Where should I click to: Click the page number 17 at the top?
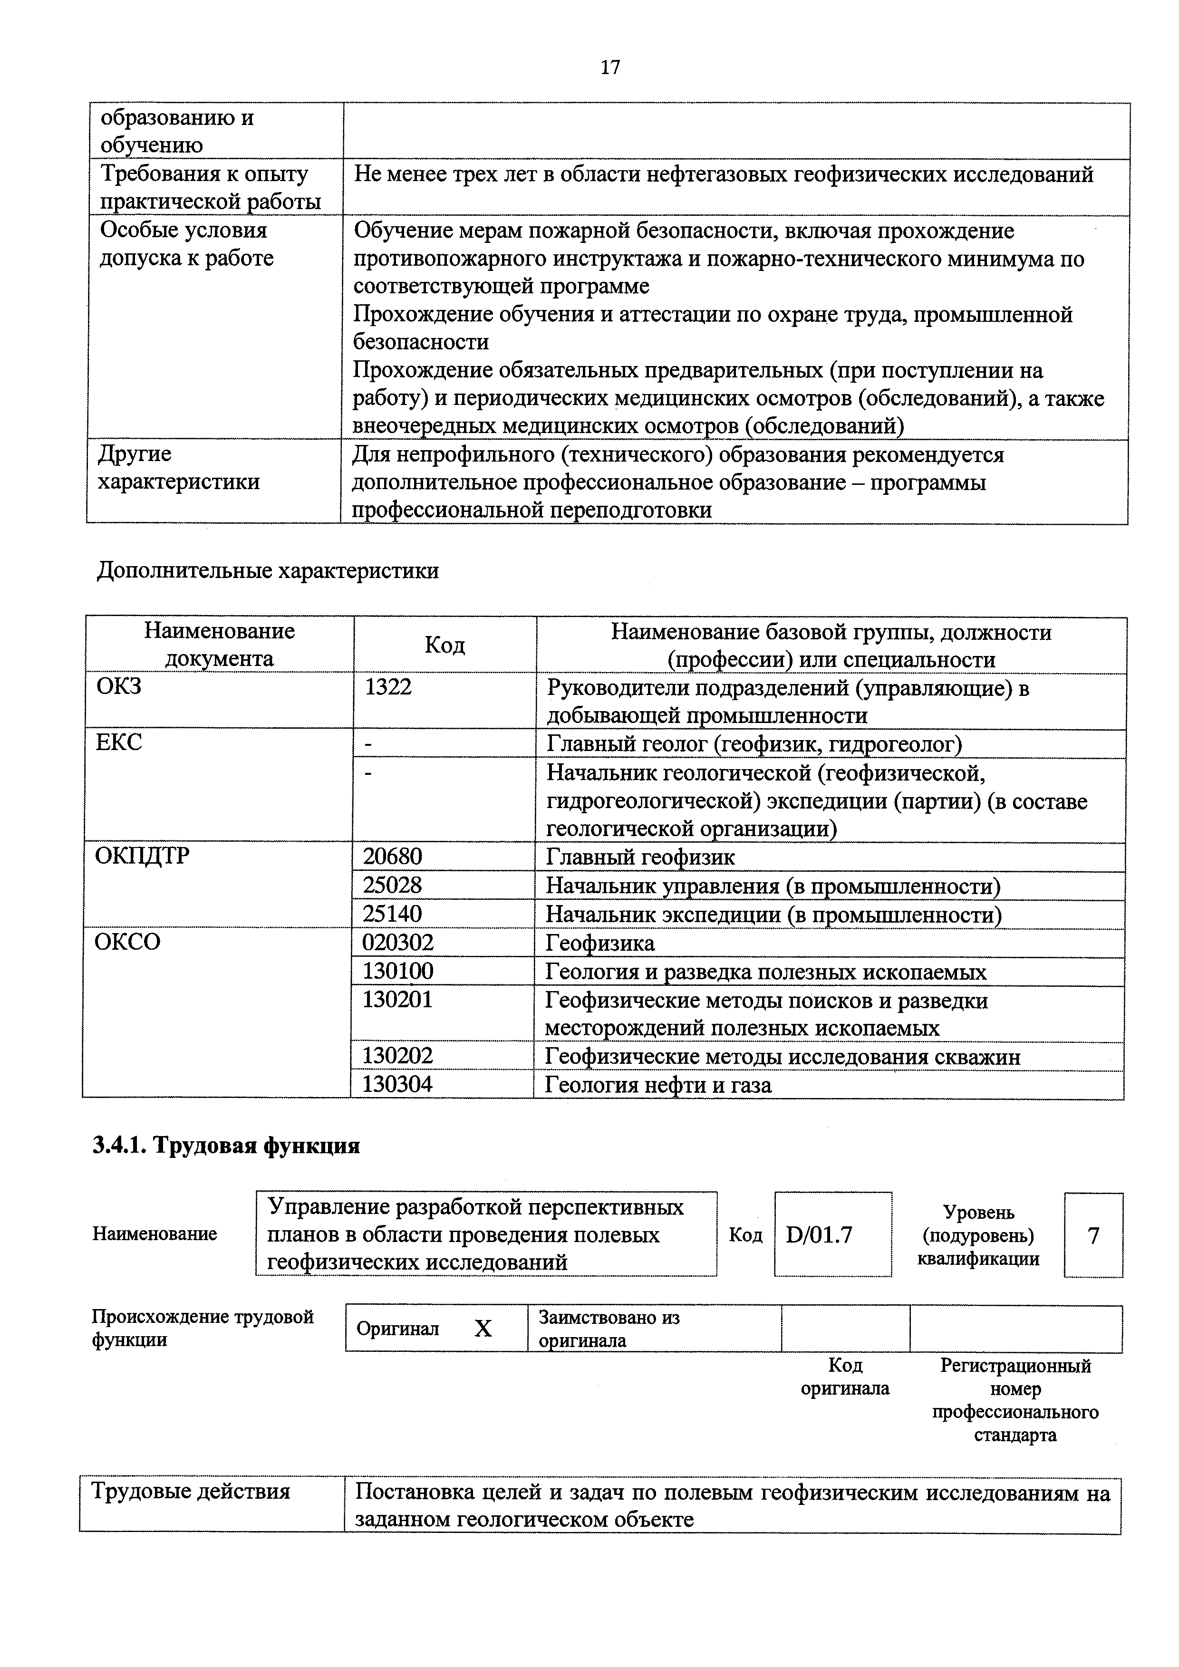(610, 67)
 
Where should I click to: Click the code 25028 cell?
(393, 885)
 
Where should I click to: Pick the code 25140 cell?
(393, 914)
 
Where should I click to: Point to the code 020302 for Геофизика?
(398, 943)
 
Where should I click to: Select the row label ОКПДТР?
(142, 857)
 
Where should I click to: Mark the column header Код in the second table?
(445, 645)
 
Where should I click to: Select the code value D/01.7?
(819, 1235)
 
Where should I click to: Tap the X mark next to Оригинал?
(483, 1329)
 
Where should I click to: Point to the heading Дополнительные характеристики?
(268, 571)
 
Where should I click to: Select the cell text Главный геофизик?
(640, 858)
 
